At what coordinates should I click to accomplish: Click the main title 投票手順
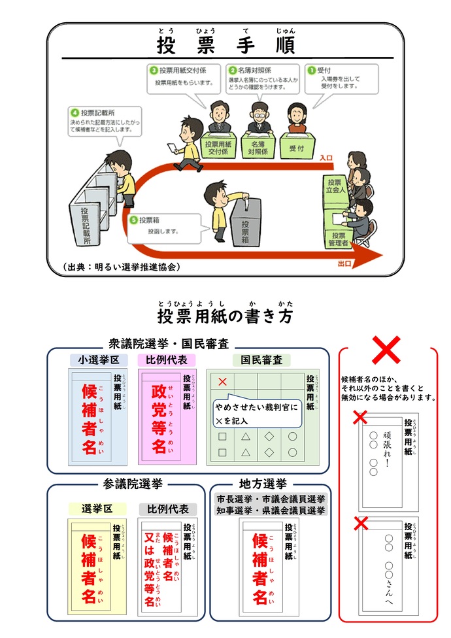click(225, 44)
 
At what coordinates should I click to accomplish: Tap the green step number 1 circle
click(312, 70)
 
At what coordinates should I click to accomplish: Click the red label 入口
click(327, 158)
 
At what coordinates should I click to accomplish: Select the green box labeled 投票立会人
click(335, 186)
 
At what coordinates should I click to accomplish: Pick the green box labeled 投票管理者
click(338, 239)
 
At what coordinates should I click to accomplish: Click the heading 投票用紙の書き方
click(225, 316)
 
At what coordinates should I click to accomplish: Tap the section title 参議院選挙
click(133, 484)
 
